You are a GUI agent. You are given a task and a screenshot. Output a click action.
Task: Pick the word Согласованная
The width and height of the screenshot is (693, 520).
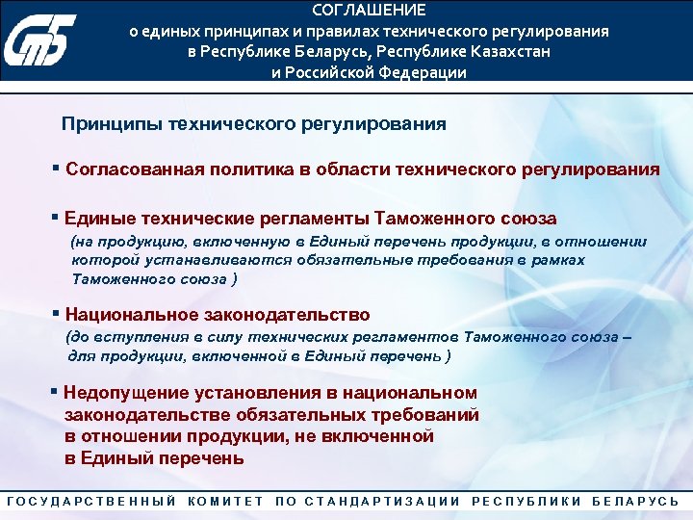click(x=132, y=169)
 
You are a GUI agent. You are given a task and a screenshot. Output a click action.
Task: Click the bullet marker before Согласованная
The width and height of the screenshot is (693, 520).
click(x=57, y=168)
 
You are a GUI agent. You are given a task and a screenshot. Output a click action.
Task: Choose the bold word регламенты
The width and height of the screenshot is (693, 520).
click(x=309, y=219)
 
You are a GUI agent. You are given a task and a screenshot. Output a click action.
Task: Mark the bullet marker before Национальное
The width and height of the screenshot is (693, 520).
click(x=57, y=313)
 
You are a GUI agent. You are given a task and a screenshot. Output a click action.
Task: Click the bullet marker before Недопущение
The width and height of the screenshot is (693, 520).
click(x=54, y=391)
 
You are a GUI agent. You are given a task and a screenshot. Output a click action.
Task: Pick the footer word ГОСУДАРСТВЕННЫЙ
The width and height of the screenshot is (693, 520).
click(x=90, y=502)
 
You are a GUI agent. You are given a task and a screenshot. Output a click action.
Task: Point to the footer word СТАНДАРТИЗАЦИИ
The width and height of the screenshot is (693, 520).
click(x=381, y=502)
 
